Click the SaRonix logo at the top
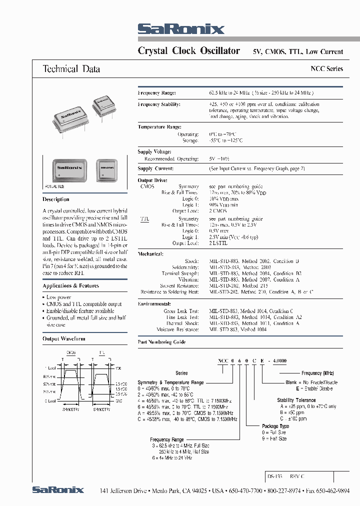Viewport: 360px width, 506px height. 181,29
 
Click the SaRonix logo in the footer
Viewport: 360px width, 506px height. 58,490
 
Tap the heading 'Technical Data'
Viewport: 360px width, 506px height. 71,69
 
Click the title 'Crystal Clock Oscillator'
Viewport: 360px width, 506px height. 188,51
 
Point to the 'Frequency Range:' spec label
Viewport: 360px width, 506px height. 156,93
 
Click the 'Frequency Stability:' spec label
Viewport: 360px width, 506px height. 159,104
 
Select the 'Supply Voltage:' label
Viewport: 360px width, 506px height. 154,151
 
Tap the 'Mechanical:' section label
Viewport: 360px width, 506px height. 150,254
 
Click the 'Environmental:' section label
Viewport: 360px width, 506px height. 154,303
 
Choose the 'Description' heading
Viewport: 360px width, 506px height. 56,199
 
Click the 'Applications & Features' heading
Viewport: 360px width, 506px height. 70,286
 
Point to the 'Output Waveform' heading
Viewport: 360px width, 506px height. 64,338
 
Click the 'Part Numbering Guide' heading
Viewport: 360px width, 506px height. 161,342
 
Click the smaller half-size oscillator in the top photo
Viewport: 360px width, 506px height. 104,103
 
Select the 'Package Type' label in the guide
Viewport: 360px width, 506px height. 276,426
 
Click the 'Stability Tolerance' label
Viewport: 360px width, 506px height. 296,400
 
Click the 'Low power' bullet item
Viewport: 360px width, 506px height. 58,297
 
